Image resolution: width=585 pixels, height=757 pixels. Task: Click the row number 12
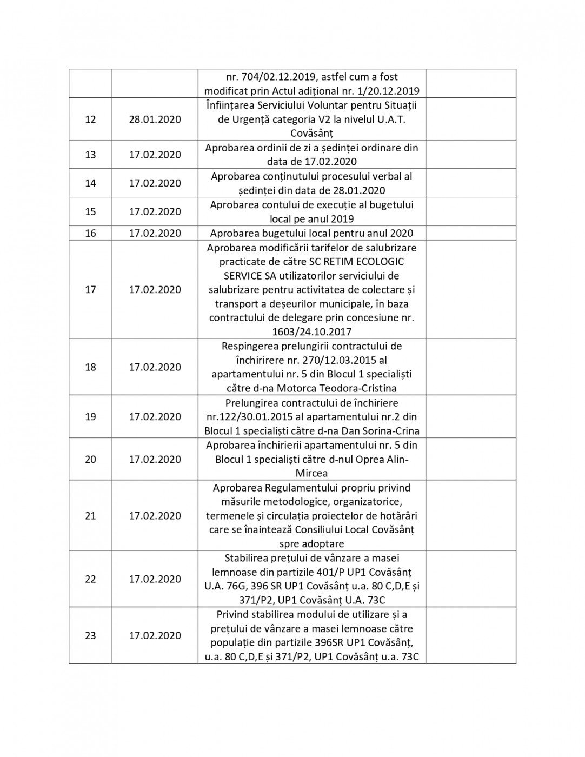pos(90,119)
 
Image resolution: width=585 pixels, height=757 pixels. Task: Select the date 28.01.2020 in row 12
pos(155,119)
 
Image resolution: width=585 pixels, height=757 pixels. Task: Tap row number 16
pos(90,233)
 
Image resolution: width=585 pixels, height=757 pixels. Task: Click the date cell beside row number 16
pos(155,233)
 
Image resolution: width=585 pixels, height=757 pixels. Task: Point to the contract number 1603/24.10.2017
pos(311,331)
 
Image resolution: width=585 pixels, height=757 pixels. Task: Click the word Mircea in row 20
pos(311,473)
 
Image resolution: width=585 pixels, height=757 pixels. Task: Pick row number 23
pos(90,635)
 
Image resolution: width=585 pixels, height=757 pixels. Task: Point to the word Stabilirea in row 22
pos(249,558)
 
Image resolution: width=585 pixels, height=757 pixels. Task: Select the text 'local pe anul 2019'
pos(311,219)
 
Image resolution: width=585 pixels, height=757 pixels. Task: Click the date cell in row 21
pos(155,516)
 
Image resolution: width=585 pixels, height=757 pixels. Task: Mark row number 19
pos(90,417)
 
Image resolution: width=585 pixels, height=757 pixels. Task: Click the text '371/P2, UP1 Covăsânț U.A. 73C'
pos(311,600)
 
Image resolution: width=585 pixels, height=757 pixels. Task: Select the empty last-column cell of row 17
pos(470,289)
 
